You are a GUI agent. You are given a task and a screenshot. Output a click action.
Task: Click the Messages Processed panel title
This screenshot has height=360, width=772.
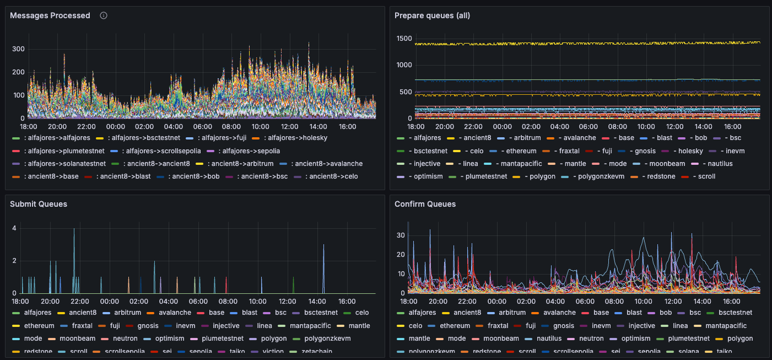point(50,15)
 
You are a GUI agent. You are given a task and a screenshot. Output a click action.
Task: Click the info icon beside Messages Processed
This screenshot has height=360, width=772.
point(104,15)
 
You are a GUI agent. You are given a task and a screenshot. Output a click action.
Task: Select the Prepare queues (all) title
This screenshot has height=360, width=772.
point(432,15)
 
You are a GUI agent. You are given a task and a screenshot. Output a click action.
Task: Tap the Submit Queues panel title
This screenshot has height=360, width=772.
point(39,204)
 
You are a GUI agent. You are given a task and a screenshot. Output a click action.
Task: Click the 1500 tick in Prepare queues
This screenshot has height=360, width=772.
point(404,38)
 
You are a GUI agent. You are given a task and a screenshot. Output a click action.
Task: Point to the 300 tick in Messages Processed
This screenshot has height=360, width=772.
point(18,49)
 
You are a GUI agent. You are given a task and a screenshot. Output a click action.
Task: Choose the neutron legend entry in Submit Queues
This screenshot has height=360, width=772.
point(125,338)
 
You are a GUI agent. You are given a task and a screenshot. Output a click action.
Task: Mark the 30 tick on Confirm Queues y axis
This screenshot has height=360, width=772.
point(401,235)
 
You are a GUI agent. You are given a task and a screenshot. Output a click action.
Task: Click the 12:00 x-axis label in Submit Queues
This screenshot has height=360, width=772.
point(287,302)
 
